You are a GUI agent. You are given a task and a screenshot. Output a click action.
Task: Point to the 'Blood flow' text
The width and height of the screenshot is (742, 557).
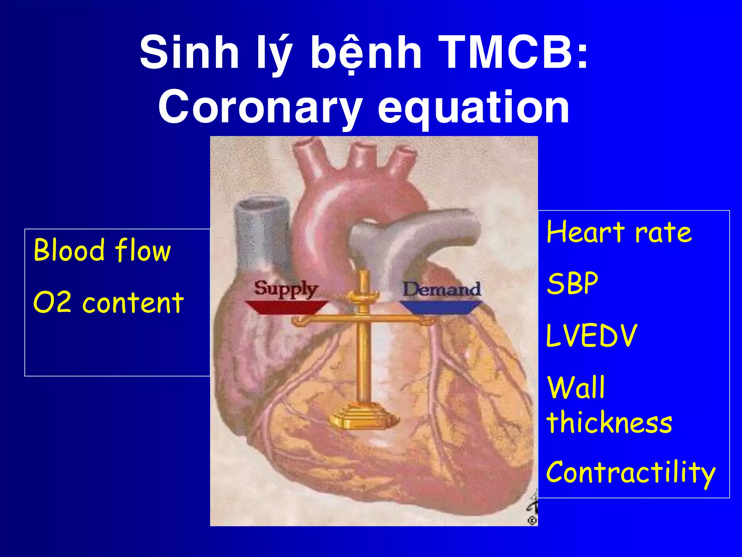point(102,250)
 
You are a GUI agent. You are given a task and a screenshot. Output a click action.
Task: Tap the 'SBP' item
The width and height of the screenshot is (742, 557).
point(572,283)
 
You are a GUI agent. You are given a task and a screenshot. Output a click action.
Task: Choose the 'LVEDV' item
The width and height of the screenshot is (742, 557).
point(591,336)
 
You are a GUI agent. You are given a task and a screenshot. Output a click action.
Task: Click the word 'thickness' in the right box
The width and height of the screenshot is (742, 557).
point(609,422)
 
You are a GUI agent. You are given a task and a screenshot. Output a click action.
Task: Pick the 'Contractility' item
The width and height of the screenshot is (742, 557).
point(630,473)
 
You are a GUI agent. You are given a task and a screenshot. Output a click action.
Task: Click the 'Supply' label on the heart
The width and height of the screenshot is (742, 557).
point(285,289)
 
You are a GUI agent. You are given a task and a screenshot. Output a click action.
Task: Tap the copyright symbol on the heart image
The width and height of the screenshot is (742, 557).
point(532,520)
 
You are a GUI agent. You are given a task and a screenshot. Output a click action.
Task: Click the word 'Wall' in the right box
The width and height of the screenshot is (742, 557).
point(576,388)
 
